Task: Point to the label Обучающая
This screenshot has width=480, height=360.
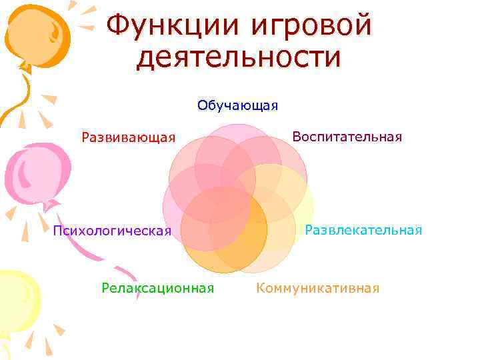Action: coord(237,105)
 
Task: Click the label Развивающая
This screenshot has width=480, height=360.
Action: coord(128,137)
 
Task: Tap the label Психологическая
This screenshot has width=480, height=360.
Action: coord(112,231)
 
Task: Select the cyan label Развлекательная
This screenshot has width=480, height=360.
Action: coord(363,230)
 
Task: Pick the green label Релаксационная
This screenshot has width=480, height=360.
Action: coord(157,288)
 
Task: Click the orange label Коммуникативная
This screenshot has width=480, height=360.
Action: coord(317,288)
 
